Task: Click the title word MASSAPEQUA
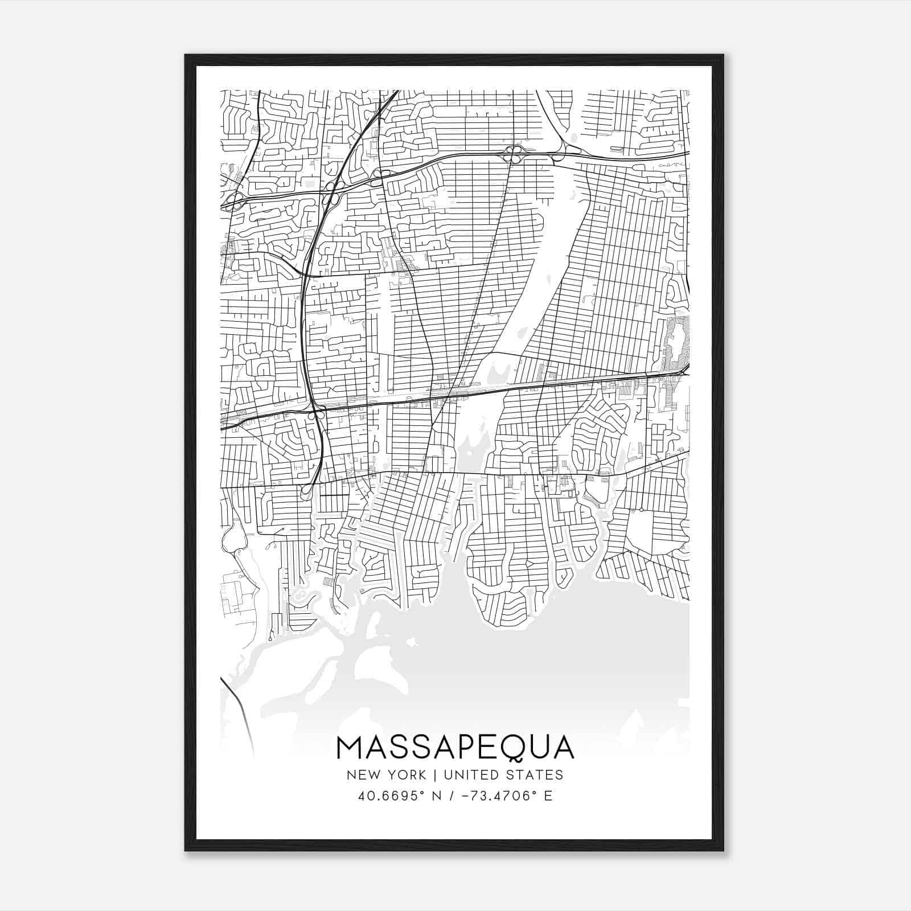(455, 748)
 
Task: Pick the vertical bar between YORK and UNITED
(434, 774)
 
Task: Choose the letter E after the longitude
(548, 795)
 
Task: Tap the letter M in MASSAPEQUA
(349, 748)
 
